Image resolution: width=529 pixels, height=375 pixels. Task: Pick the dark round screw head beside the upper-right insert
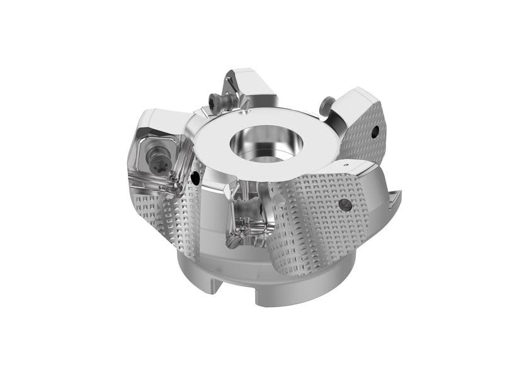pyautogui.click(x=325, y=104)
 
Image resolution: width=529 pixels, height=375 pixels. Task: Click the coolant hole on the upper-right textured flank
pyautogui.click(x=375, y=132)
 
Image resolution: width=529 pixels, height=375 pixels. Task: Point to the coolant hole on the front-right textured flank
pyautogui.click(x=346, y=204)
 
